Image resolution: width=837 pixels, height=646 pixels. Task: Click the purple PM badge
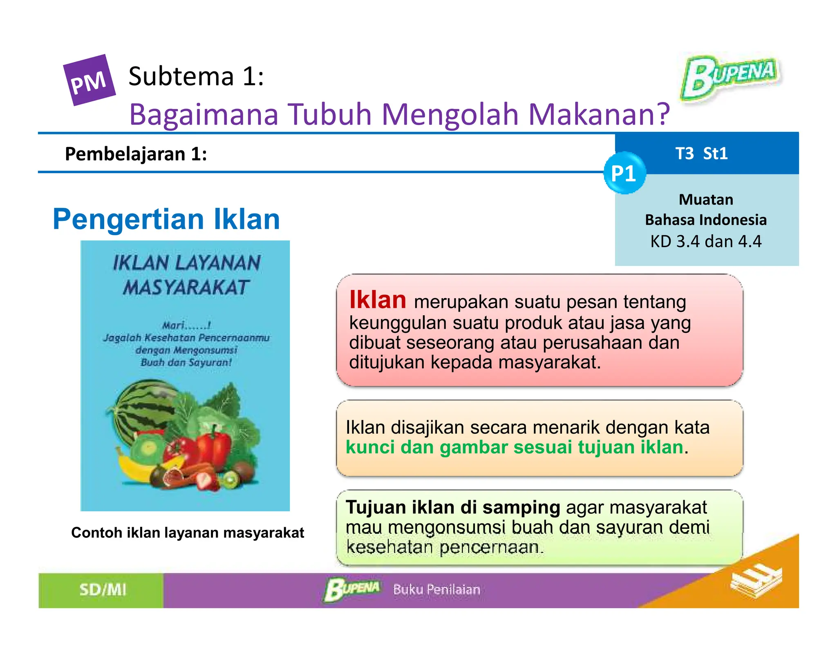tap(89, 80)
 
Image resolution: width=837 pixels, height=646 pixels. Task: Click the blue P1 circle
tap(624, 173)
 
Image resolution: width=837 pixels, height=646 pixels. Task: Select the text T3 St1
tap(701, 154)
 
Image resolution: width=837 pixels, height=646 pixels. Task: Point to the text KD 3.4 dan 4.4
tap(706, 241)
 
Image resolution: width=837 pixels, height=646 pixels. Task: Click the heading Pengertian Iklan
tap(166, 219)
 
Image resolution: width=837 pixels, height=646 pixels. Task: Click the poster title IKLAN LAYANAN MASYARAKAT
tap(186, 274)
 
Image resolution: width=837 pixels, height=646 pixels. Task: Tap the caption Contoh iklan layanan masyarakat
tap(188, 532)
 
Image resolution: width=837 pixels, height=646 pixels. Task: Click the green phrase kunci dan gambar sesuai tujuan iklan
tap(514, 447)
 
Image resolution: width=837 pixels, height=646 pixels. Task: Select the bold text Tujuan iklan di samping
tap(452, 508)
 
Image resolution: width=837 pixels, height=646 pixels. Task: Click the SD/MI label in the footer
tap(103, 590)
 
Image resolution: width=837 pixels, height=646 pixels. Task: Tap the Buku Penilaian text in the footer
tap(436, 590)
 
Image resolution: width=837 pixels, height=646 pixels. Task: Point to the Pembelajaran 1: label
tap(136, 154)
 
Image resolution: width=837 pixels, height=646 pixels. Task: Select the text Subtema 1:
tap(196, 76)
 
